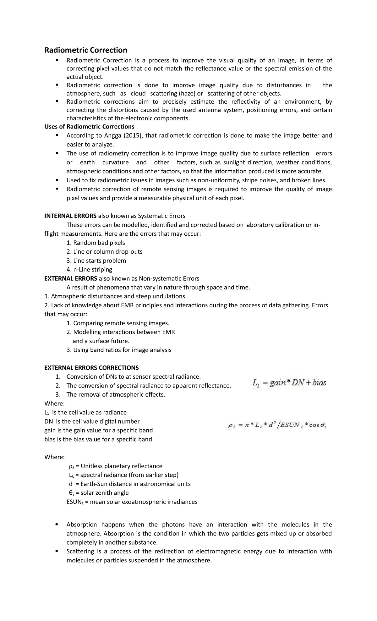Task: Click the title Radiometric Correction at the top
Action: point(85,50)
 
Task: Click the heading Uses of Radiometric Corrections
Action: point(89,127)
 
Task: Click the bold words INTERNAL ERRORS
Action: point(70,216)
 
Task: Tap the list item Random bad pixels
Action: point(96,243)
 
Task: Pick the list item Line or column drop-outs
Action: point(105,252)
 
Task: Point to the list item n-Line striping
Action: point(90,270)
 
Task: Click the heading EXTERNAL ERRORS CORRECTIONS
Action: point(91,368)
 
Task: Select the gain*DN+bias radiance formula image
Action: point(289,383)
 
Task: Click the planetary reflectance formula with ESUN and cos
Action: point(277,426)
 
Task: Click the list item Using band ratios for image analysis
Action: point(119,350)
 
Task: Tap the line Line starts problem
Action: point(96,261)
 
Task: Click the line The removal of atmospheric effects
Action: point(116,394)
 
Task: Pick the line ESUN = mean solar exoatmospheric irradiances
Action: point(132,502)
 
